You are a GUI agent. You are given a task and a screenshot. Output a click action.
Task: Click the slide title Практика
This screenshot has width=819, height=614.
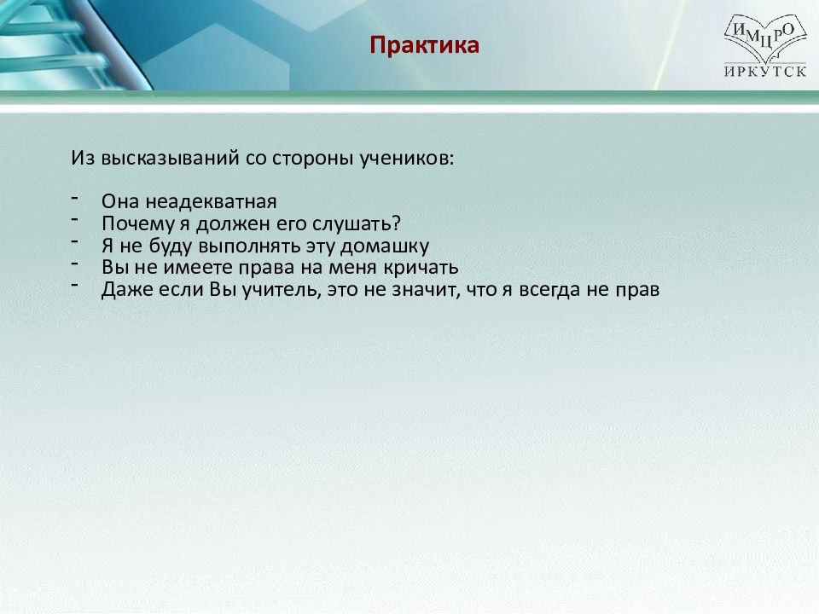424,45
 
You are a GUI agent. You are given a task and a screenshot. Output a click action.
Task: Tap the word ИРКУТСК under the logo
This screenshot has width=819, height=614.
765,71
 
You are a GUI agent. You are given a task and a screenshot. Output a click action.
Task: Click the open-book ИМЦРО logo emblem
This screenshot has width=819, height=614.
765,38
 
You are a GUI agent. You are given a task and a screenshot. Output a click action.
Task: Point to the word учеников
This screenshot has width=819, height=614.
407,159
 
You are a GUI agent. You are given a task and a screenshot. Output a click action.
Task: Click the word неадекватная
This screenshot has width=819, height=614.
211,201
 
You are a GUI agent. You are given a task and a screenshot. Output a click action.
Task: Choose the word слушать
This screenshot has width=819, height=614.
357,224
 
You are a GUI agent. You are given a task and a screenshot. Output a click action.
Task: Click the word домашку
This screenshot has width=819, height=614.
385,246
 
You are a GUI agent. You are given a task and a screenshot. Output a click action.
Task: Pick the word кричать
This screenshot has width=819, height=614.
421,267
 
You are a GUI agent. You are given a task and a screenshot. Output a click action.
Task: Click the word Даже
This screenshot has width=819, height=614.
127,290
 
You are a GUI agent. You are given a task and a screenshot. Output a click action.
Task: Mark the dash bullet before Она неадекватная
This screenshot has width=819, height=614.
75,197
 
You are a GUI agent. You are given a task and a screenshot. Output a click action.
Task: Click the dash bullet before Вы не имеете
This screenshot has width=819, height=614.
75,264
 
